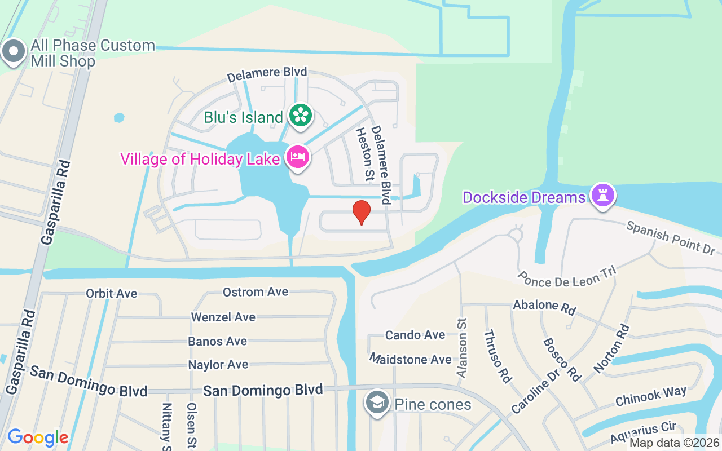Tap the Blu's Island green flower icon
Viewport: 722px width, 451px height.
pyautogui.click(x=301, y=116)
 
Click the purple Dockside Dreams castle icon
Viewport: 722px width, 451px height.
pyautogui.click(x=603, y=196)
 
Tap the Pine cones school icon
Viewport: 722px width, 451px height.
pyautogui.click(x=376, y=403)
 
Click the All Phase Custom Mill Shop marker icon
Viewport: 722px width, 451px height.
pyautogui.click(x=12, y=52)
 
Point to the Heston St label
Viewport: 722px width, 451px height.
pyautogui.click(x=364, y=154)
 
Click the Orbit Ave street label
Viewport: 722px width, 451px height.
pyautogui.click(x=111, y=293)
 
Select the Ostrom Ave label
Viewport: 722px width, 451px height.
pyautogui.click(x=256, y=291)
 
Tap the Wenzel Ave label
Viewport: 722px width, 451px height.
pyautogui.click(x=223, y=317)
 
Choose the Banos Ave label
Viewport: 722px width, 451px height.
pyautogui.click(x=218, y=341)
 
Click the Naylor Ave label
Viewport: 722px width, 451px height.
pyautogui.click(x=218, y=365)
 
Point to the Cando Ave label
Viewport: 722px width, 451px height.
pyautogui.click(x=415, y=335)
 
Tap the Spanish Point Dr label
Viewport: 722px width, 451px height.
pyautogui.click(x=671, y=237)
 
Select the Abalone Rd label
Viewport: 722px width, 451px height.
pyautogui.click(x=544, y=307)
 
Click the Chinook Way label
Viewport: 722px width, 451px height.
pyautogui.click(x=651, y=396)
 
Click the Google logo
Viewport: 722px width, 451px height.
pyautogui.click(x=38, y=437)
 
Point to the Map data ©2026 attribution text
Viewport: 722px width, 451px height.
pyautogui.click(x=674, y=443)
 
